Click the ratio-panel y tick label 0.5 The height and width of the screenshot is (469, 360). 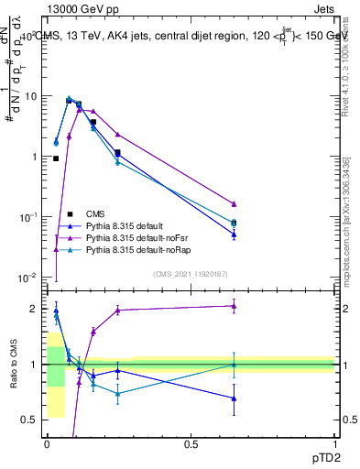coord(28,420)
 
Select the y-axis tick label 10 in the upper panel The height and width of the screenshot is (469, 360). coord(29,96)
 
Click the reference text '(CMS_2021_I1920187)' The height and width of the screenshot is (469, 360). coord(190,273)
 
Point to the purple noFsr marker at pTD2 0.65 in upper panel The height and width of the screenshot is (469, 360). coord(234,203)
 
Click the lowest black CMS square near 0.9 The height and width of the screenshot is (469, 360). coord(56,158)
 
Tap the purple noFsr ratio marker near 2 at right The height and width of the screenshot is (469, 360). coord(234,306)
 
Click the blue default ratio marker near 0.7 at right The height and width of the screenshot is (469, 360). coord(234,398)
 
